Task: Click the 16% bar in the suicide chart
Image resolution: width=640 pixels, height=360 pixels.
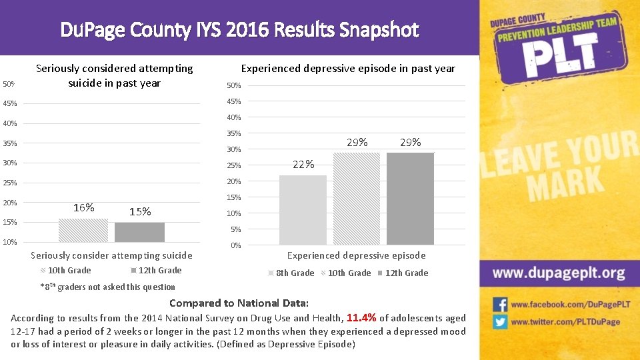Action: coord(83,230)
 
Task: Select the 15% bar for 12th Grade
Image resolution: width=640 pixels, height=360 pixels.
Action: coord(139,232)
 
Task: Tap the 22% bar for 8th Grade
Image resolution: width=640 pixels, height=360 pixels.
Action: coord(303,210)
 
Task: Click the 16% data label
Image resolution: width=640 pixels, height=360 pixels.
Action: coord(83,207)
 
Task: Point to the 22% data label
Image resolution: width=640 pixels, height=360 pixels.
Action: coord(303,165)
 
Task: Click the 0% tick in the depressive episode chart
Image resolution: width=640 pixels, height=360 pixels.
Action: coord(235,246)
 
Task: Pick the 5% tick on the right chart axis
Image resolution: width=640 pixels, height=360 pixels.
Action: coord(235,230)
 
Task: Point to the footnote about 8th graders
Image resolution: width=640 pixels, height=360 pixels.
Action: coord(108,287)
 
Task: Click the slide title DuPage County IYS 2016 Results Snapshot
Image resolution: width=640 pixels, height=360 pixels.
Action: coord(239,30)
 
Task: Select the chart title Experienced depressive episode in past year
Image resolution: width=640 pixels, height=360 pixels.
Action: coord(348,69)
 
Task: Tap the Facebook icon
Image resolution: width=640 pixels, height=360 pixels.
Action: coord(500,305)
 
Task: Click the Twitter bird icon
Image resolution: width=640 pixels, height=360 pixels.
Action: coord(500,321)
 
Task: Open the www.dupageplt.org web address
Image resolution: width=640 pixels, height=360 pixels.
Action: coord(559,273)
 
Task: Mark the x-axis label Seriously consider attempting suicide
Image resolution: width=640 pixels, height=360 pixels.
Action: coord(112,255)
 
